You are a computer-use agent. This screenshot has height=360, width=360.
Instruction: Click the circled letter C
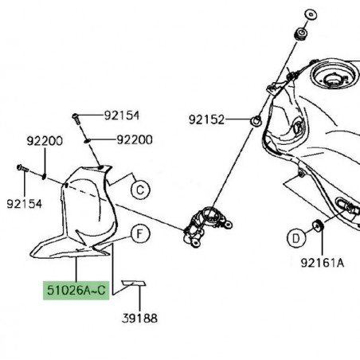pos(139,190)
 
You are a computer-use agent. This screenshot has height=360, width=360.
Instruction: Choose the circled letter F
pos(139,234)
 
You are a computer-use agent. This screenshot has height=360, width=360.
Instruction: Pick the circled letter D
pos(295,237)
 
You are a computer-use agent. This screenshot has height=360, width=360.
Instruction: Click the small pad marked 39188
pos(132,284)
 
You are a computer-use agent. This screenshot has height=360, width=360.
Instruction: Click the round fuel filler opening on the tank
pos(331,80)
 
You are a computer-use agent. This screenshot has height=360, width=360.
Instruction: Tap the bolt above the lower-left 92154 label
pos(22,170)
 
